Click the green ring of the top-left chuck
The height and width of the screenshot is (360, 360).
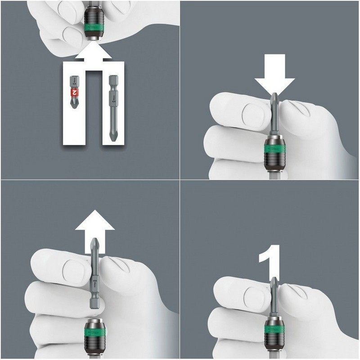[94, 20]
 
